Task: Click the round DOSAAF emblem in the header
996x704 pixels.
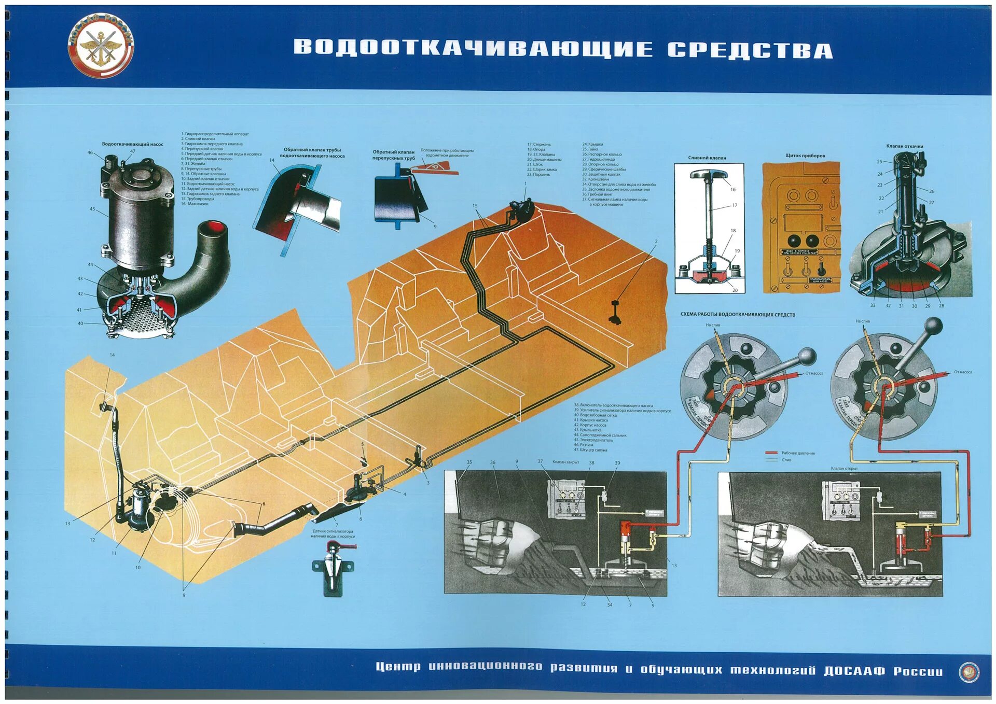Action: click(x=101, y=46)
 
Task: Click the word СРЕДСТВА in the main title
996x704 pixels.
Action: click(x=750, y=50)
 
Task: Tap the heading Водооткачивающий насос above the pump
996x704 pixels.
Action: click(x=132, y=144)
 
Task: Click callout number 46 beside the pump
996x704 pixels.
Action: click(x=90, y=152)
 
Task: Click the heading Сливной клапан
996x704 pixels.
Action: click(x=707, y=158)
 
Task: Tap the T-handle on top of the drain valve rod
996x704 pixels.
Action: click(x=707, y=175)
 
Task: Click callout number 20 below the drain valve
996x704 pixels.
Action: click(x=735, y=290)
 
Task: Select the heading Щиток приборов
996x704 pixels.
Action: click(x=805, y=156)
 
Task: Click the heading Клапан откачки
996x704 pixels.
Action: click(x=904, y=146)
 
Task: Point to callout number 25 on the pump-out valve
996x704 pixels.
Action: click(x=880, y=162)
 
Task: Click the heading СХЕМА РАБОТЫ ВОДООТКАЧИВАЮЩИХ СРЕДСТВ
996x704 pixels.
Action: click(x=737, y=315)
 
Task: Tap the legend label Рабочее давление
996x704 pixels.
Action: click(x=798, y=453)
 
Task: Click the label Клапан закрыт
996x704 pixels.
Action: click(x=565, y=462)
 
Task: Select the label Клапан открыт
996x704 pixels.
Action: click(x=844, y=468)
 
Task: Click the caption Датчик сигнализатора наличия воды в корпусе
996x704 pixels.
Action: click(x=333, y=533)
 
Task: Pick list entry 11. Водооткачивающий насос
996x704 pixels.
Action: click(x=208, y=184)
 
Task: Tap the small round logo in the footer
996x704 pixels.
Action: click(x=968, y=672)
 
